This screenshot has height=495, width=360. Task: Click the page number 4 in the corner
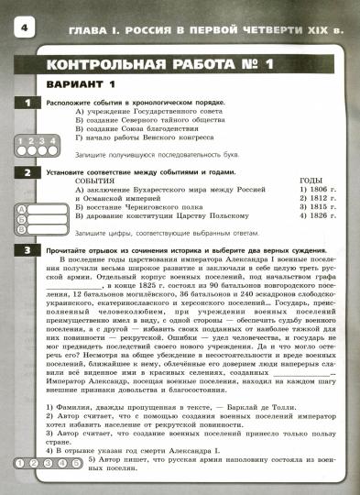pos(19,31)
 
